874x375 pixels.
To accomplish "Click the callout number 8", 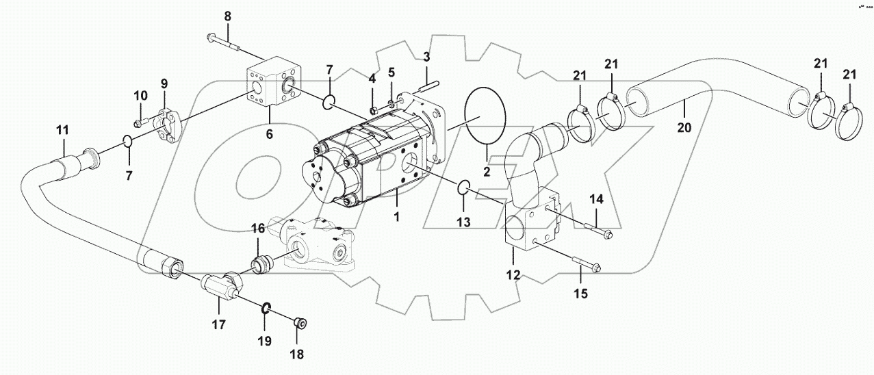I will click(228, 16).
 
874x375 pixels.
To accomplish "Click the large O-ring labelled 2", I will click(485, 116).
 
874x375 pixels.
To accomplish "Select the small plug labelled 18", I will click(298, 323).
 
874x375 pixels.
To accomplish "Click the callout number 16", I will click(257, 229).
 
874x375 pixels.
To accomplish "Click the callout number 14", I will click(597, 199).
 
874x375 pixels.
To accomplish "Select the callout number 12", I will click(513, 275).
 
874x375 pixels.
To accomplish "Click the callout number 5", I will click(391, 72).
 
